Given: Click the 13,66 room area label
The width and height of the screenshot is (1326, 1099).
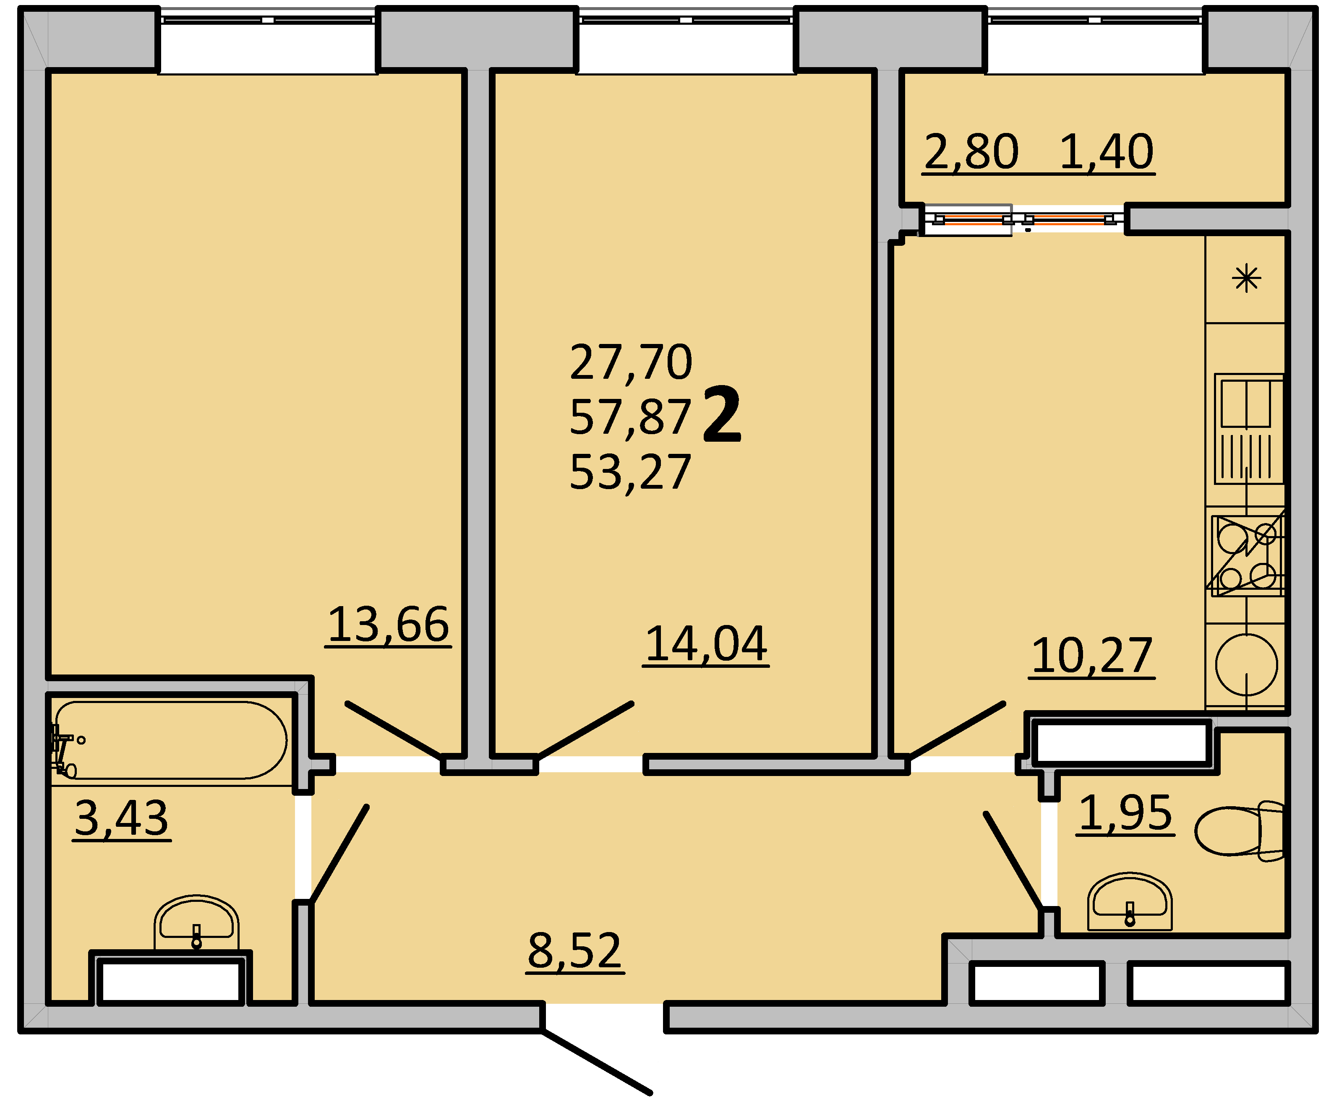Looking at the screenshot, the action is click(388, 625).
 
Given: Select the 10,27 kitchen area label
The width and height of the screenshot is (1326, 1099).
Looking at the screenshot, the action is click(1092, 656).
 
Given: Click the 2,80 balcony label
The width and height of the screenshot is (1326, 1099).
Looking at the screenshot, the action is click(971, 152).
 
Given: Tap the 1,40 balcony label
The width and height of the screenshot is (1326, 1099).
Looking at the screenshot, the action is click(1106, 152).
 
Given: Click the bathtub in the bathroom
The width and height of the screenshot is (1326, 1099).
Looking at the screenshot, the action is click(170, 740).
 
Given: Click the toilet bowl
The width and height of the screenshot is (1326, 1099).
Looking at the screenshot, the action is click(1239, 831).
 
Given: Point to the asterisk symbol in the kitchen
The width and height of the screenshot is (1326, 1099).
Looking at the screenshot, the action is click(1246, 279).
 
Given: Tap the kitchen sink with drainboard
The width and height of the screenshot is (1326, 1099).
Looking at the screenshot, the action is click(1248, 429).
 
